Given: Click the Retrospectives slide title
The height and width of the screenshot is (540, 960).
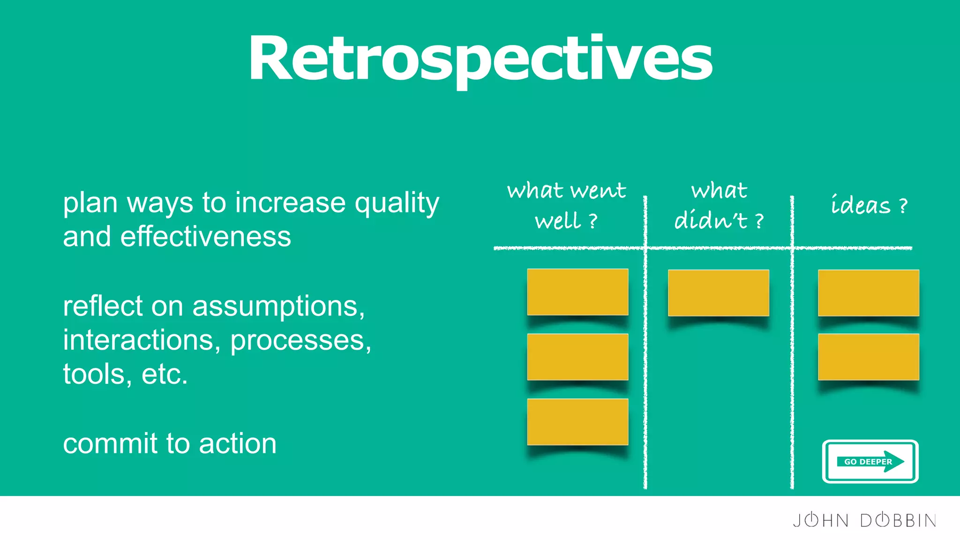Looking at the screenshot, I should (480, 59).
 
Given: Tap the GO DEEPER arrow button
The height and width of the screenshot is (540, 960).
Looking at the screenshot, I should (870, 461).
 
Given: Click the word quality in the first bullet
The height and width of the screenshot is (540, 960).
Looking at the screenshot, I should (397, 203).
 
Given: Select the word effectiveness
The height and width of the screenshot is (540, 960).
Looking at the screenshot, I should (205, 237).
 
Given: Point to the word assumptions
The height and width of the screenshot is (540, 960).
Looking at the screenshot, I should (278, 307).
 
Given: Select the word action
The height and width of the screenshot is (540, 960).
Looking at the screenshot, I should (238, 443).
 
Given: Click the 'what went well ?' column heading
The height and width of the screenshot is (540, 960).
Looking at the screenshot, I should (566, 205).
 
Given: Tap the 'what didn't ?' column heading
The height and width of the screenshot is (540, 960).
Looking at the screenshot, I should (719, 205).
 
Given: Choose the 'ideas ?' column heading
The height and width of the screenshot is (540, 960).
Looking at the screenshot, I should (869, 205).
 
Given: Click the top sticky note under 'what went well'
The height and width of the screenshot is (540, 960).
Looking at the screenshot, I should (577, 292).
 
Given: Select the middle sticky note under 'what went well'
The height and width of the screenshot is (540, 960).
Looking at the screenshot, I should (577, 357).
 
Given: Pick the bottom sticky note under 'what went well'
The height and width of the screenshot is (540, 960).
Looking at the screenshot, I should (577, 421).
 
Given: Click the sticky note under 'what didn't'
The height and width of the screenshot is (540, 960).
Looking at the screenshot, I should (718, 292).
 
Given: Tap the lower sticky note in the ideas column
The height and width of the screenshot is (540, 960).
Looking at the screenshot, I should (868, 357).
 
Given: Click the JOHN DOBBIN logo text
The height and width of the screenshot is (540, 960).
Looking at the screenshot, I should (864, 520).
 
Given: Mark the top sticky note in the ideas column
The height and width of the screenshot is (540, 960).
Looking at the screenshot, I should (868, 292).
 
